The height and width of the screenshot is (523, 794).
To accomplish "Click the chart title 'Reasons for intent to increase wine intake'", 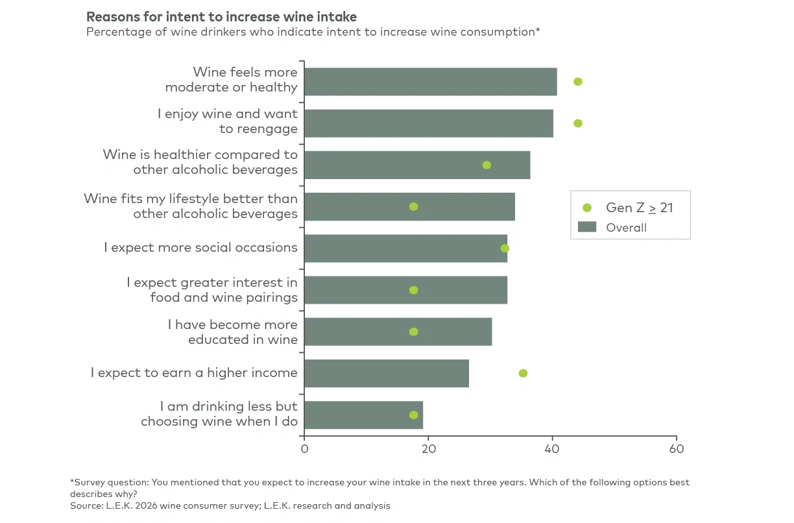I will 221,16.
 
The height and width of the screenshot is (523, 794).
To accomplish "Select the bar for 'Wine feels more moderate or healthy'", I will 430,82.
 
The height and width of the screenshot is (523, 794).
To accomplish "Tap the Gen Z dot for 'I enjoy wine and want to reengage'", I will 578,123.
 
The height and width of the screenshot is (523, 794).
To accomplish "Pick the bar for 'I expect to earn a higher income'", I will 386,373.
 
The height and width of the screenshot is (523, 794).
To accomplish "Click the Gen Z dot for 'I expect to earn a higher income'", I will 523,373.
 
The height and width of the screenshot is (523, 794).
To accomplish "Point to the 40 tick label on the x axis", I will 552,449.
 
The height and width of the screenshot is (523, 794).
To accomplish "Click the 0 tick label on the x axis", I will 304,449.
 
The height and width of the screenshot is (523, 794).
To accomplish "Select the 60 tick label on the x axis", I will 676,449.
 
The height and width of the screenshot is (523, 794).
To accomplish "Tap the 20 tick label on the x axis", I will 428,449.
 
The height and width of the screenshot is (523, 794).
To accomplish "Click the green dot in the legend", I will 587,208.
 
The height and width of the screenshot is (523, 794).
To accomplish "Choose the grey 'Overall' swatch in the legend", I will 587,227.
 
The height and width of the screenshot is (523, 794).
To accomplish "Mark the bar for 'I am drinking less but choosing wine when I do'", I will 363,415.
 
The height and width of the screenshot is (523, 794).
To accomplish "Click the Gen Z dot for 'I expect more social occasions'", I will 505,248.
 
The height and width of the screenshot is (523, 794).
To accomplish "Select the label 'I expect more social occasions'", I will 200,247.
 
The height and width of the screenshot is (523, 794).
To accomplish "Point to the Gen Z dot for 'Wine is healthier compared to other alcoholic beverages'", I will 487,165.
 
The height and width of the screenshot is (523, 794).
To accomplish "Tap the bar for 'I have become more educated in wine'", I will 398,332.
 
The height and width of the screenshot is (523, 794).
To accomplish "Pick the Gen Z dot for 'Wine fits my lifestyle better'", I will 414,206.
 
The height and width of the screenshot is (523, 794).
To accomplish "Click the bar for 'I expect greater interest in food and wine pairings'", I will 405,290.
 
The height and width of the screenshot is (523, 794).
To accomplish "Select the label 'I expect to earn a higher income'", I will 194,372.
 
